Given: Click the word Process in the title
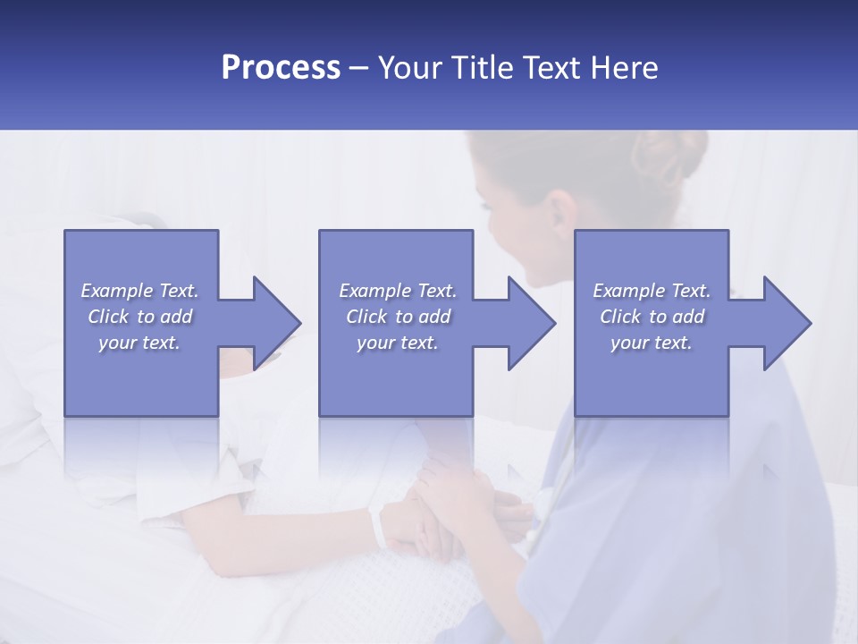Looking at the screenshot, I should tap(281, 67).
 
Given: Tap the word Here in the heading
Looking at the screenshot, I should tap(625, 67).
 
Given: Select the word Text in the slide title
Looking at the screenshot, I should tap(553, 67).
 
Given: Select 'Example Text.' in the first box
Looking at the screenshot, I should tap(139, 291).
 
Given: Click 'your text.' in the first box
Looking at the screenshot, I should tap(139, 343).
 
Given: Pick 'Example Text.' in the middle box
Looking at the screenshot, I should tap(398, 291).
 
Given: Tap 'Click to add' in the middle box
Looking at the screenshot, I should tap(398, 317).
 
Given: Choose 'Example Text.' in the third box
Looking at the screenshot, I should tap(652, 291).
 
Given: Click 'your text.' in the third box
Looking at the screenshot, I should tap(652, 343).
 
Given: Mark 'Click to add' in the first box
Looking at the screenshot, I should tap(139, 317).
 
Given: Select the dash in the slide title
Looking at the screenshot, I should tap(359, 68).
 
